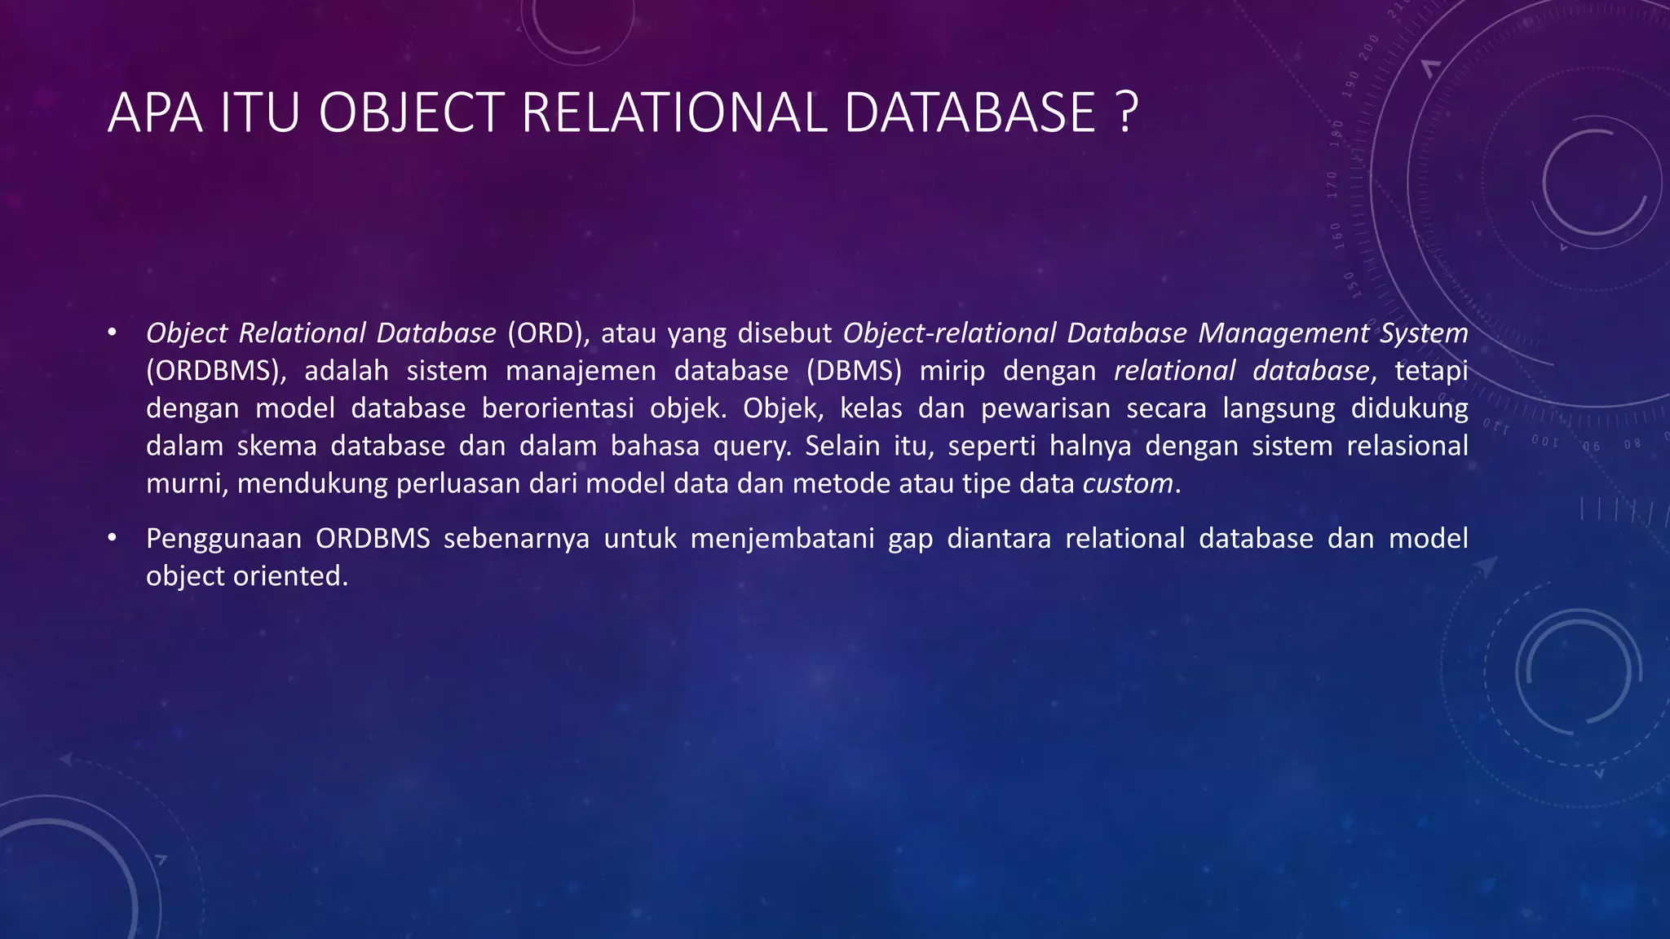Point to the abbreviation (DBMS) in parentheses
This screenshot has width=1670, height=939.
[x=855, y=371]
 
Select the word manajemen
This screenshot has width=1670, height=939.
[x=581, y=371]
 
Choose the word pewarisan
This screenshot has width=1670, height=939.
[x=1045, y=408]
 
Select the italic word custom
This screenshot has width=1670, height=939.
[x=1128, y=484]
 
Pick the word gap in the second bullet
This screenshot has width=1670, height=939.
[x=910, y=540]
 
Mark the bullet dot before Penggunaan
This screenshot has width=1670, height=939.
[x=113, y=538]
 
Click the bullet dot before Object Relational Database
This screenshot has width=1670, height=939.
[x=113, y=333]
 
